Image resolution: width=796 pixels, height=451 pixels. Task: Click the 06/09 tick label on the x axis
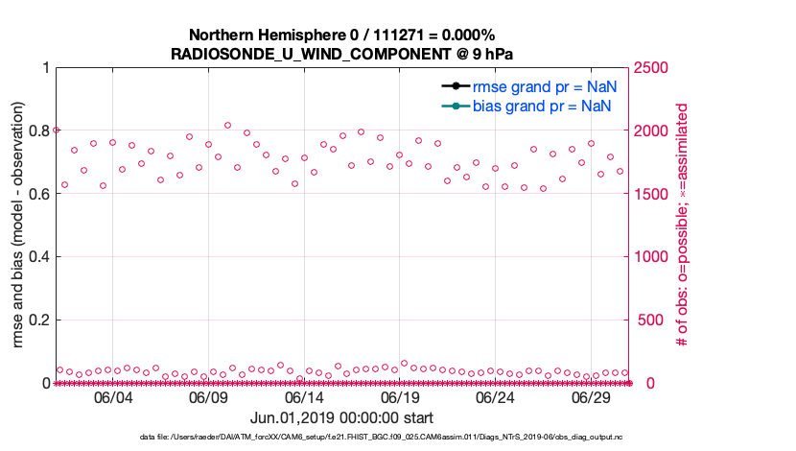(209, 398)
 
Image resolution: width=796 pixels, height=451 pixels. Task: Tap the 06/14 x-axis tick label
(305, 398)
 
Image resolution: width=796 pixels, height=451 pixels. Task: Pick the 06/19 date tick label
(401, 398)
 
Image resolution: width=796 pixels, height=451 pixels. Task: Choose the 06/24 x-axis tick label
(497, 398)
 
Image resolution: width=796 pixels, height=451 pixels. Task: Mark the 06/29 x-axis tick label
(593, 398)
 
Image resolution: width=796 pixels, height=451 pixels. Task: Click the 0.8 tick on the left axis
(38, 131)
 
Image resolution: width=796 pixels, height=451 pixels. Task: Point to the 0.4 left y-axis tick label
(38, 256)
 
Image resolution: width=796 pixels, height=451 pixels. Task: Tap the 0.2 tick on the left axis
(38, 320)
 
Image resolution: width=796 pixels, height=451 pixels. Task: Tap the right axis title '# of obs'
(682, 225)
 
